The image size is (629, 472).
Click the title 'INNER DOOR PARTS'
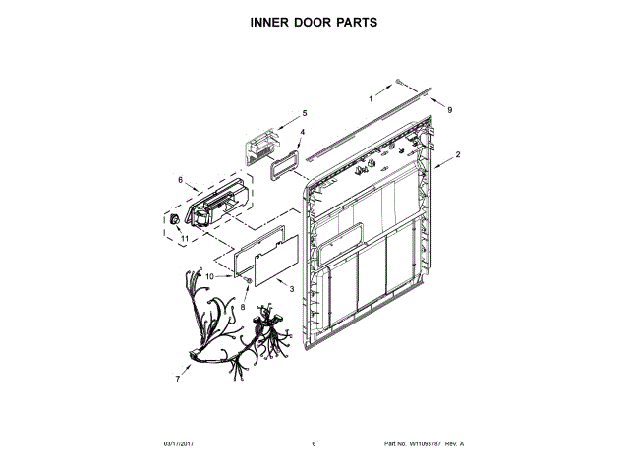(314, 21)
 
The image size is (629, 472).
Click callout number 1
(372, 99)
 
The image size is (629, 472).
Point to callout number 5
(304, 113)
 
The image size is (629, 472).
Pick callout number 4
(302, 132)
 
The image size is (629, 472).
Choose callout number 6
(180, 180)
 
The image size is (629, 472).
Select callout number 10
(208, 277)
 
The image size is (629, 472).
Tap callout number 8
(244, 307)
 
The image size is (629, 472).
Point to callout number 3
(292, 287)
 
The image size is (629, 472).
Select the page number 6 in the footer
(314, 444)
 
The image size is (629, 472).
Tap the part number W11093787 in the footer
(424, 444)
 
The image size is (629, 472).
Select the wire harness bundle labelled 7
(236, 329)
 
